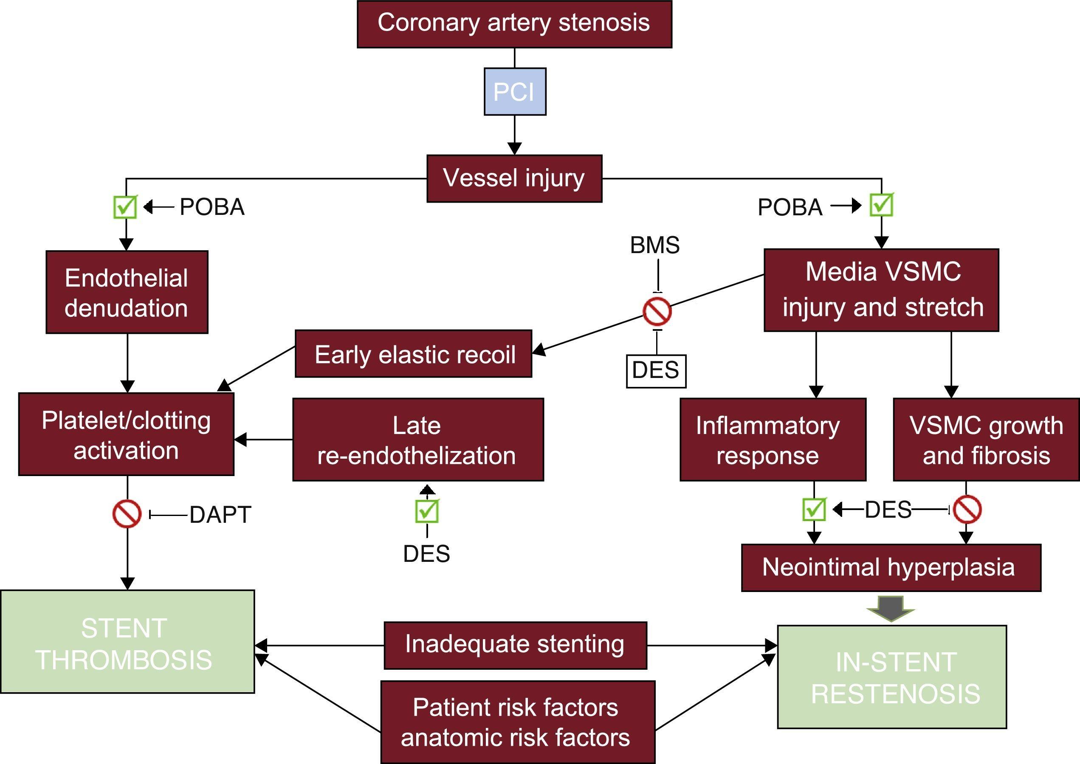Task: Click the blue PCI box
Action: [515, 92]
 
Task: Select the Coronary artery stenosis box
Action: [514, 24]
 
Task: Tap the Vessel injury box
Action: [514, 179]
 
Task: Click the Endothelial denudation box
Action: [127, 292]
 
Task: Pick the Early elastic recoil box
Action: [414, 354]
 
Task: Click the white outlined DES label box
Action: [656, 371]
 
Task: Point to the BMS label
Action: [655, 245]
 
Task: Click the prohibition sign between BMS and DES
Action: [657, 311]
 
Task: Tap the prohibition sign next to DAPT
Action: [127, 514]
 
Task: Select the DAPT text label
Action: [220, 515]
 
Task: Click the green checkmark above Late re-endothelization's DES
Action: [427, 511]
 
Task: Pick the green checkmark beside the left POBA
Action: [125, 207]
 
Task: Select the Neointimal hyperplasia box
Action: [891, 567]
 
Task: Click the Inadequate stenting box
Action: [515, 645]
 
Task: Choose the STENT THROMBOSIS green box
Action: [127, 642]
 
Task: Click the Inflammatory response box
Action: [773, 440]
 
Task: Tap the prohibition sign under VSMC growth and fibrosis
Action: [967, 510]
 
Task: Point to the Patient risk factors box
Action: [517, 722]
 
